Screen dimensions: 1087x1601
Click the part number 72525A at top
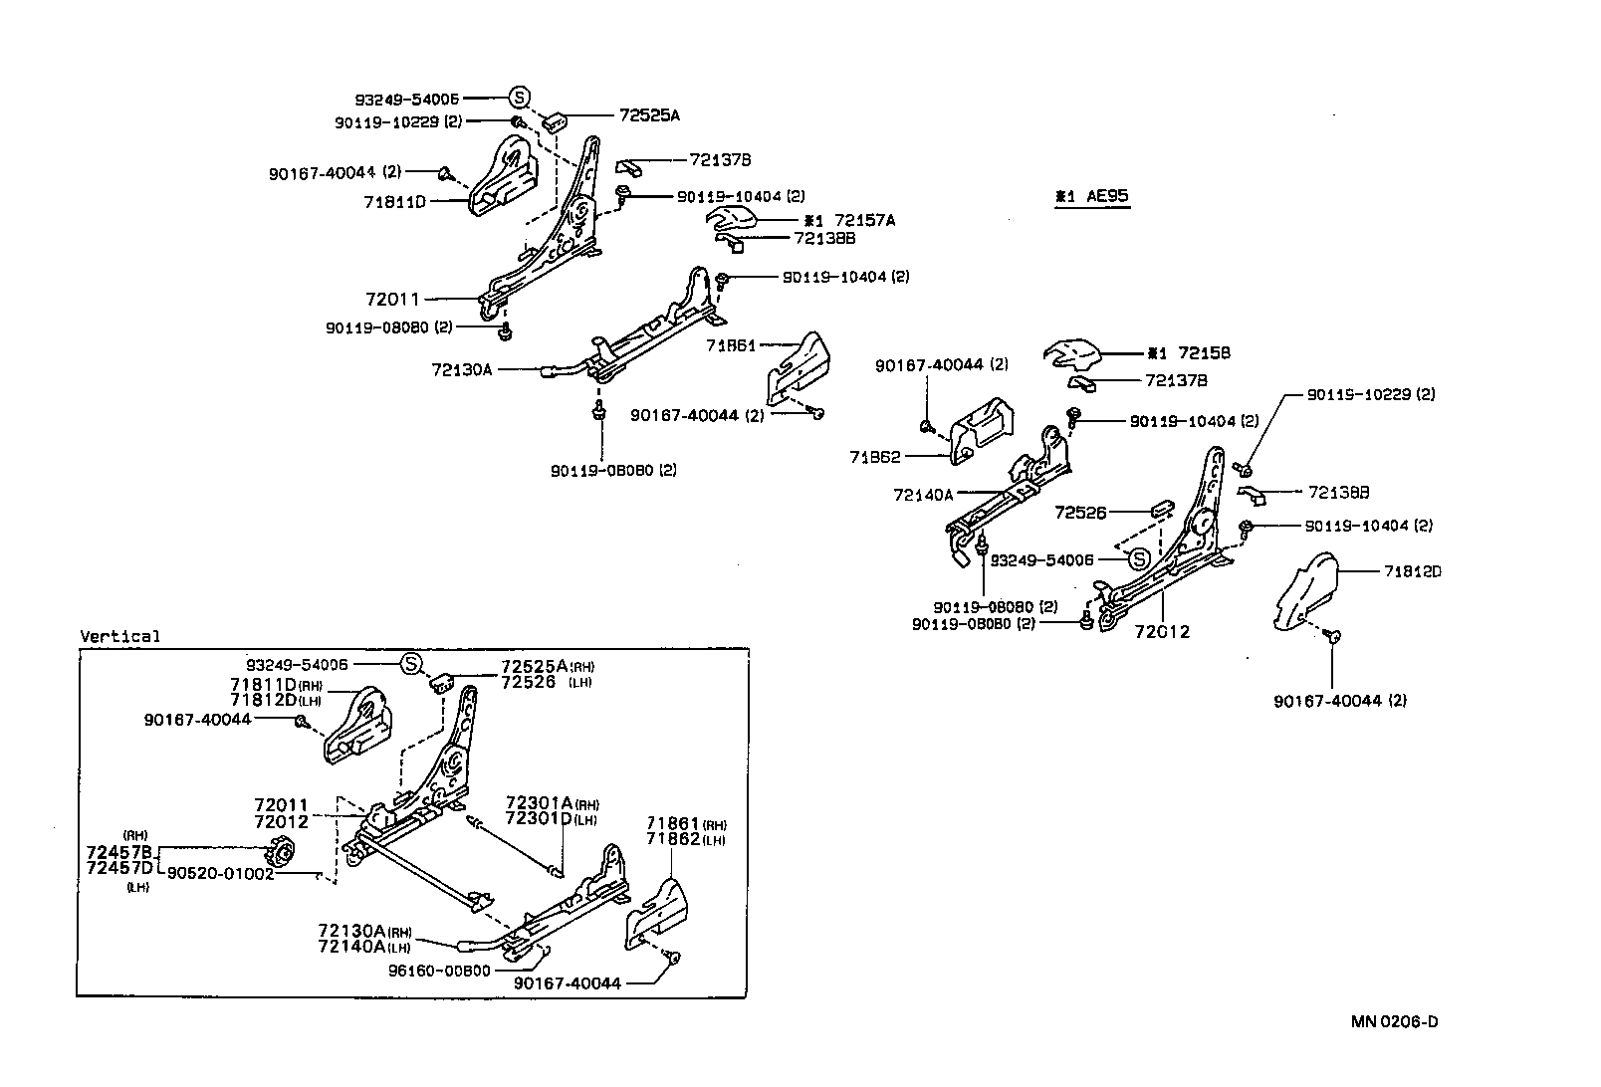648,115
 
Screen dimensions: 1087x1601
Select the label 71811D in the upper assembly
395,202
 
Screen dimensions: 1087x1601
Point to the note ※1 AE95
1092,197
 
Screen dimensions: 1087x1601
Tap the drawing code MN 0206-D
1394,1021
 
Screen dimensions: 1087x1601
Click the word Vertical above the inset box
119,636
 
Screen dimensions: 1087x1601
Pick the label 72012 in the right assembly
1162,631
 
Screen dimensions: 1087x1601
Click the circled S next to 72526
1139,560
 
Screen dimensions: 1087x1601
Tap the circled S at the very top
519,98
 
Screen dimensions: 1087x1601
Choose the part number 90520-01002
219,873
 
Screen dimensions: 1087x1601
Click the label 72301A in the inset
538,802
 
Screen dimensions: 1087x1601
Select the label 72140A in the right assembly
923,494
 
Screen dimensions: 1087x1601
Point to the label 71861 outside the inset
732,345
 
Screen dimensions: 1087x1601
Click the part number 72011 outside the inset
392,299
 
